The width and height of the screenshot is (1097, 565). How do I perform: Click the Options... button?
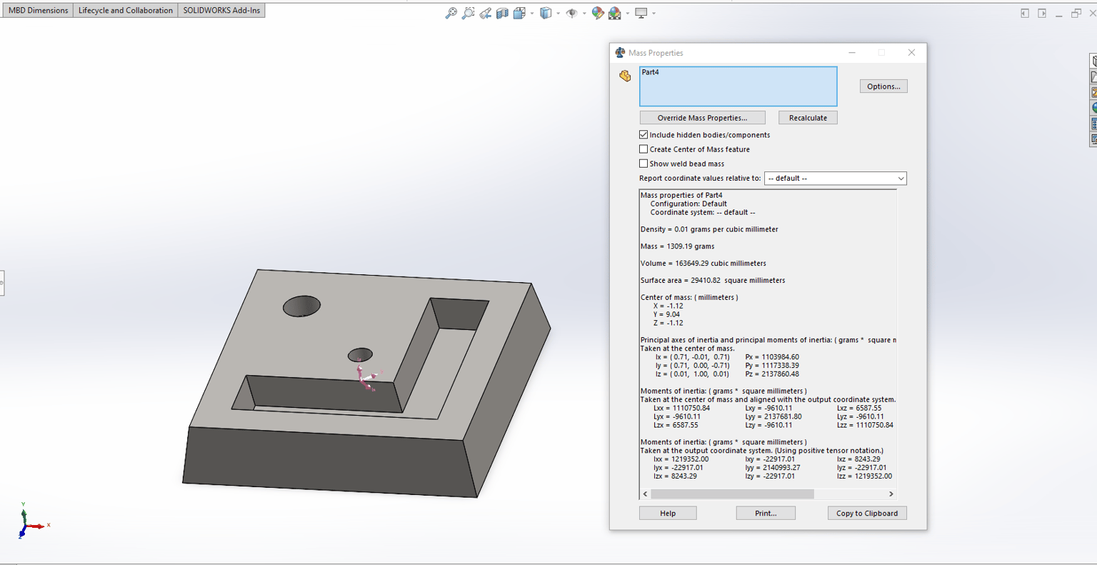click(x=883, y=86)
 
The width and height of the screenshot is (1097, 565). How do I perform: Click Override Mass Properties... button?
click(x=702, y=118)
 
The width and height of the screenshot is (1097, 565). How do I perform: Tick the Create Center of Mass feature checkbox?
click(x=643, y=149)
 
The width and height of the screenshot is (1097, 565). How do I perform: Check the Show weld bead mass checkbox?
click(x=643, y=164)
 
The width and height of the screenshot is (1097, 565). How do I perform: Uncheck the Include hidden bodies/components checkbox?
click(x=643, y=134)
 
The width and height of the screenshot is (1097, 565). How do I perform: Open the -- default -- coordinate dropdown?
click(x=836, y=179)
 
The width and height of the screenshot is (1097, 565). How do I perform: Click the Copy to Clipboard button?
click(x=867, y=513)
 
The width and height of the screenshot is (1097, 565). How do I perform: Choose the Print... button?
click(x=766, y=513)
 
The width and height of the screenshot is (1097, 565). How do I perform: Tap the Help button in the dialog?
click(x=668, y=513)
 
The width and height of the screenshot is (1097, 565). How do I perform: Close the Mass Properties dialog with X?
click(x=911, y=52)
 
